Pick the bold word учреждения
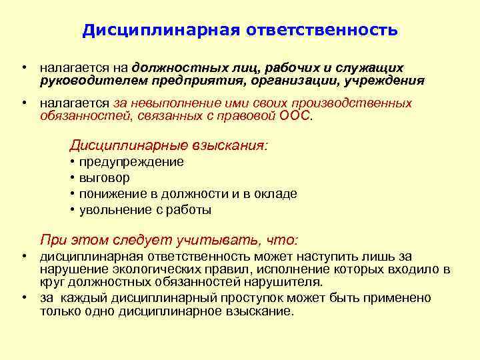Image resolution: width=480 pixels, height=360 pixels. click(385, 81)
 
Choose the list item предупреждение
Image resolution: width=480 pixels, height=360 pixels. click(131, 162)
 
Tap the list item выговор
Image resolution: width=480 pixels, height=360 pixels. click(105, 178)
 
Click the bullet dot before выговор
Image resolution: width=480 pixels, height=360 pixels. click(71, 178)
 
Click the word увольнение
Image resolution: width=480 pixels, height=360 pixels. click(113, 210)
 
